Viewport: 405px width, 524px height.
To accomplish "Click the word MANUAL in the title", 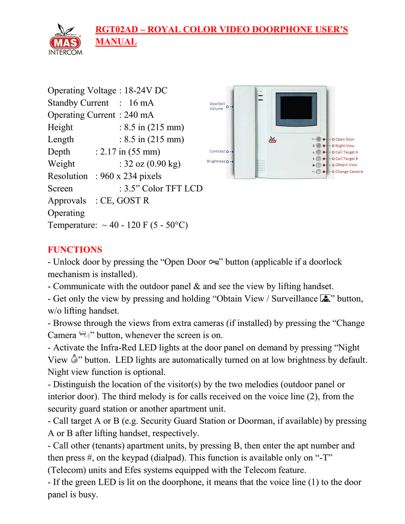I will coord(116,41).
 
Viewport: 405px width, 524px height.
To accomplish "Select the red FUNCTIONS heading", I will coord(75,250).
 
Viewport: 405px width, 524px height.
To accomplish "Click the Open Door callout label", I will coord(345,139).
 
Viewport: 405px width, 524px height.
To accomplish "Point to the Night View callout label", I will coord(345,146).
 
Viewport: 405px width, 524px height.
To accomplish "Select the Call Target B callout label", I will coord(347,159).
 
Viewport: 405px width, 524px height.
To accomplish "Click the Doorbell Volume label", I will coord(217,106).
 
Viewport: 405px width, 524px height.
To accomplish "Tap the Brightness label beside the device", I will coord(217,161).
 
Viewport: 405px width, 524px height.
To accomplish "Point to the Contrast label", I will coord(217,151).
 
